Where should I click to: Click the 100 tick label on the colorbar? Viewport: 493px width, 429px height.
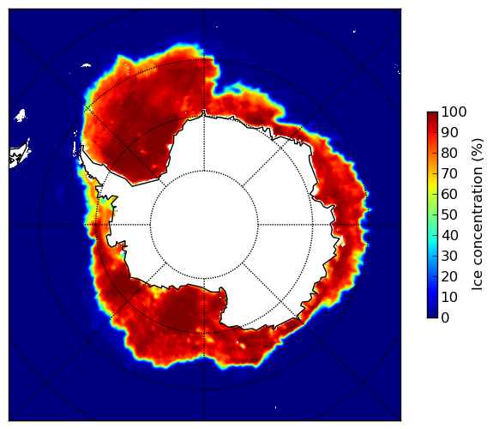click(454, 112)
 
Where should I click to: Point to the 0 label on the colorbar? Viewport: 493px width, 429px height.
click(445, 318)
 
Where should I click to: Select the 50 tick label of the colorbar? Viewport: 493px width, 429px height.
click(449, 215)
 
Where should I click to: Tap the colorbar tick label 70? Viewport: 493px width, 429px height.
click(449, 173)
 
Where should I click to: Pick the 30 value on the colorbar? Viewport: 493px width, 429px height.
click(449, 257)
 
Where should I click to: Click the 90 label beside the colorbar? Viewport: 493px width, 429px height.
click(449, 132)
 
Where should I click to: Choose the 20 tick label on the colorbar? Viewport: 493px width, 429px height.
click(449, 276)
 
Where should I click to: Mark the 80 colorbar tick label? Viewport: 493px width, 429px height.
click(449, 154)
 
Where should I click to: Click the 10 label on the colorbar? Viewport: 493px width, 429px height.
click(449, 298)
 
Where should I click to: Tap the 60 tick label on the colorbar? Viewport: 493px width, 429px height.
click(449, 194)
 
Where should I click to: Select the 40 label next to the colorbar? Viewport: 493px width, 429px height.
click(449, 235)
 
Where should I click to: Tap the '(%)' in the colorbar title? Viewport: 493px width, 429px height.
click(478, 150)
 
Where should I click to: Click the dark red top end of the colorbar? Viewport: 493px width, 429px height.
click(432, 115)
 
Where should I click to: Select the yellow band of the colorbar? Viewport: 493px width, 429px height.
click(432, 184)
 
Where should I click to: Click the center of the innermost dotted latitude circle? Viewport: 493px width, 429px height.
click(204, 225)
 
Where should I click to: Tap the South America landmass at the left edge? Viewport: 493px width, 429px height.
click(19, 155)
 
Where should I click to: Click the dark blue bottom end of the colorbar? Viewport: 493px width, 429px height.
click(432, 315)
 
